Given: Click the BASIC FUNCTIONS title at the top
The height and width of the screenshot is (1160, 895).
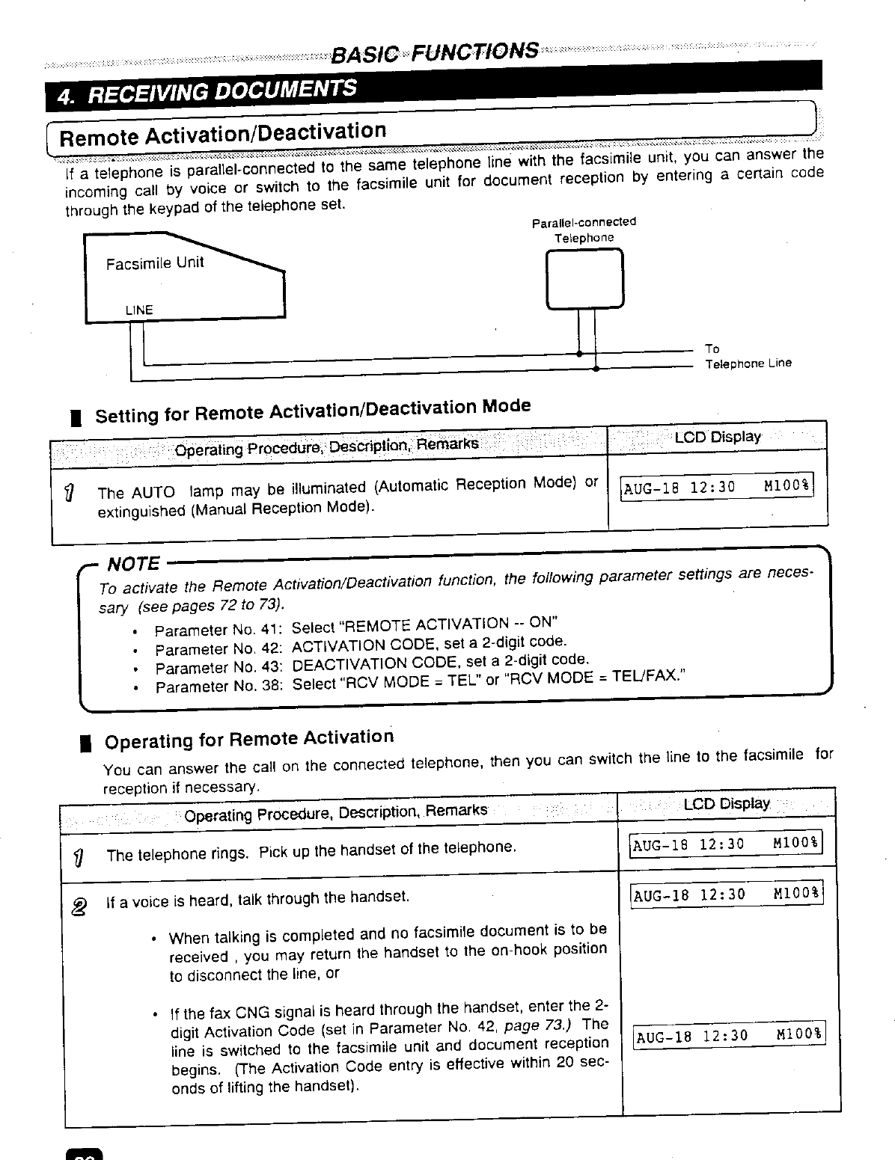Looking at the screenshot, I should [x=434, y=52].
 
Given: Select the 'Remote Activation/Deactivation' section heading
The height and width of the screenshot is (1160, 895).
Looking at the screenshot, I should [x=222, y=134].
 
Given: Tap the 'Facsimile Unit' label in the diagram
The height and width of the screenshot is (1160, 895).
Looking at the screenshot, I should [x=154, y=263].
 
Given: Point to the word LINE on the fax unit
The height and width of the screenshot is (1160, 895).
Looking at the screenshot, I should [x=139, y=310].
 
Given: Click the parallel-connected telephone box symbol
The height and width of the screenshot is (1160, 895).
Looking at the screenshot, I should [x=584, y=278].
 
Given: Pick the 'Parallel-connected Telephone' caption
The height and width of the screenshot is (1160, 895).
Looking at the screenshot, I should [x=584, y=230].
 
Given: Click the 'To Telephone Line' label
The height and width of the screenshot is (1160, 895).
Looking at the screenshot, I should [x=748, y=356].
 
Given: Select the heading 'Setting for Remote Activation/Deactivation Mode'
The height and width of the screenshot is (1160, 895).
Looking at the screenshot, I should [x=313, y=410].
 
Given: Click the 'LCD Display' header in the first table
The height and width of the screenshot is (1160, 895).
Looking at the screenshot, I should [x=718, y=437].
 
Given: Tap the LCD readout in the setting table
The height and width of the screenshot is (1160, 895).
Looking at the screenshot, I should [x=717, y=487].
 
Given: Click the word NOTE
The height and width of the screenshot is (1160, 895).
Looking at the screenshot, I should [x=134, y=563].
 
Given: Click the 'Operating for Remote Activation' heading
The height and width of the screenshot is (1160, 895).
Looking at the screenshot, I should [x=248, y=740].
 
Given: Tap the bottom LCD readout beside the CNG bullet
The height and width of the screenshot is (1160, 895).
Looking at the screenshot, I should [x=728, y=1036].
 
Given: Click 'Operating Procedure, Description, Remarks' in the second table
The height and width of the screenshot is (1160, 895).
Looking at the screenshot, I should [x=335, y=812].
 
